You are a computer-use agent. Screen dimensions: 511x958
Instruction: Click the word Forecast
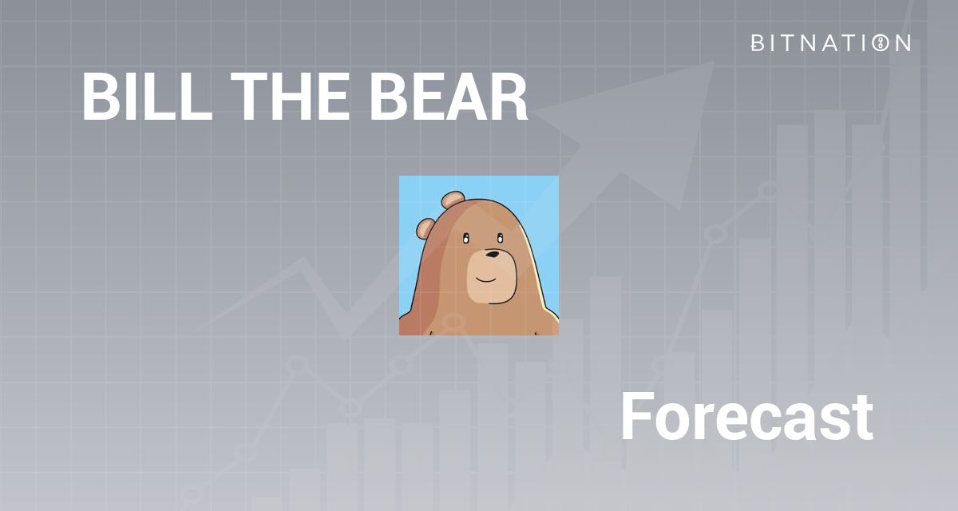746,417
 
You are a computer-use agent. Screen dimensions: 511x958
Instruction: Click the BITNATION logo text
830,43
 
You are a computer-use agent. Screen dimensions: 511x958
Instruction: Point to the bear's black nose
493,255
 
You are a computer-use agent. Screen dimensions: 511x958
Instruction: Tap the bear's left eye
465,238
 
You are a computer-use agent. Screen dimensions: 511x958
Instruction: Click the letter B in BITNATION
757,43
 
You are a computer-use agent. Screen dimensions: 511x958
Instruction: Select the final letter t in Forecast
861,418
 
